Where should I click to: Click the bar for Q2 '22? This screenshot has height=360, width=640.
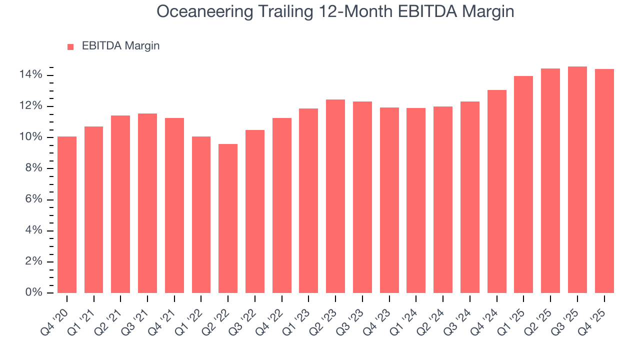(x=228, y=218)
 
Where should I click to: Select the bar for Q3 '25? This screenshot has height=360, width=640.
(x=577, y=180)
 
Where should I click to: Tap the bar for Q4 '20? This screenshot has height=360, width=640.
(x=67, y=214)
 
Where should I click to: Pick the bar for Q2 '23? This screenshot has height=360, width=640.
(x=335, y=196)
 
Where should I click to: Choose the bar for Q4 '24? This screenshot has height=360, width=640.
(x=496, y=191)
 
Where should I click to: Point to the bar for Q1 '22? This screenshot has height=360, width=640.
(x=201, y=214)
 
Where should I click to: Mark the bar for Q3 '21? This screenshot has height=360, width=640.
(x=147, y=203)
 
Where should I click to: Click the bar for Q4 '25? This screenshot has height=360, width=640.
(x=604, y=181)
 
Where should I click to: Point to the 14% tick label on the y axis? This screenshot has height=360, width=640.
(x=31, y=75)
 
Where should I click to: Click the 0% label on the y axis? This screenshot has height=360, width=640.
(x=34, y=292)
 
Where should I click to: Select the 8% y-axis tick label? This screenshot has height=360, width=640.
(x=34, y=168)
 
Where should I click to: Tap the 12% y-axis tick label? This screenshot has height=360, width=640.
(x=31, y=106)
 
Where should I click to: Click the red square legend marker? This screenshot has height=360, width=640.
(x=70, y=46)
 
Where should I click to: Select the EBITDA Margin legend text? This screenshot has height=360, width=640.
(x=120, y=46)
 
